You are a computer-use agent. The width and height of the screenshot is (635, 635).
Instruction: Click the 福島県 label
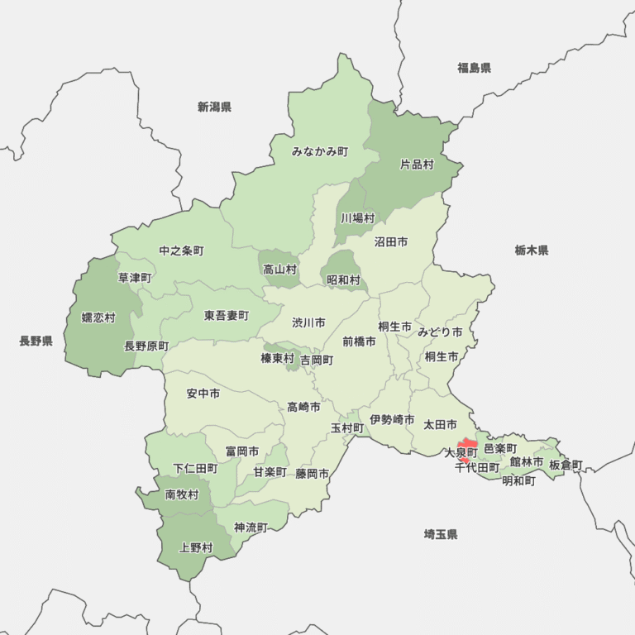474,68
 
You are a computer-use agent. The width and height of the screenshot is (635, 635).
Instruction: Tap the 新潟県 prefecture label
214,107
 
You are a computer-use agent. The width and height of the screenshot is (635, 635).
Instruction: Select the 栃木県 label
531,250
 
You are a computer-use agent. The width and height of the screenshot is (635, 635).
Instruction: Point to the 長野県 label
36,341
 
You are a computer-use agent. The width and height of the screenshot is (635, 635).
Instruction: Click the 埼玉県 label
440,534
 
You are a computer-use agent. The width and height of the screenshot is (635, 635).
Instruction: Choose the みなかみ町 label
319,151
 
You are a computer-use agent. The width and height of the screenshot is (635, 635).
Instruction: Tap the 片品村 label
417,165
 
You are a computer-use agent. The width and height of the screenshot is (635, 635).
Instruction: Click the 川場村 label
357,218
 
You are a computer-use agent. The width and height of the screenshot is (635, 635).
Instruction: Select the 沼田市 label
390,242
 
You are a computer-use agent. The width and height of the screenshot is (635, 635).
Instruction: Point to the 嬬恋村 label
98,317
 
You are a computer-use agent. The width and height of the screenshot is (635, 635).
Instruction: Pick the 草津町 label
134,278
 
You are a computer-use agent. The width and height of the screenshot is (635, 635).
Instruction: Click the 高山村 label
279,270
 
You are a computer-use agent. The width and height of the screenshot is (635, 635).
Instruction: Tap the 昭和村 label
343,280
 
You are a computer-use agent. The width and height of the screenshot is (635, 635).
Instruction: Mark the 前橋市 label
359,341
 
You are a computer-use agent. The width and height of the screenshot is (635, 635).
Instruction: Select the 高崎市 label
303,406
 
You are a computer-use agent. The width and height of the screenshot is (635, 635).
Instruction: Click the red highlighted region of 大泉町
466,445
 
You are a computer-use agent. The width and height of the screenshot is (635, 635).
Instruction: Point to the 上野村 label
196,547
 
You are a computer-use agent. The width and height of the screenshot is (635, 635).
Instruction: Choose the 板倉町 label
566,465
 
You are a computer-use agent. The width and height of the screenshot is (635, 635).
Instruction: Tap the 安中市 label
203,394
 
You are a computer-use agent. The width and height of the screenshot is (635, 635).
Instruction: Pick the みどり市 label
439,332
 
